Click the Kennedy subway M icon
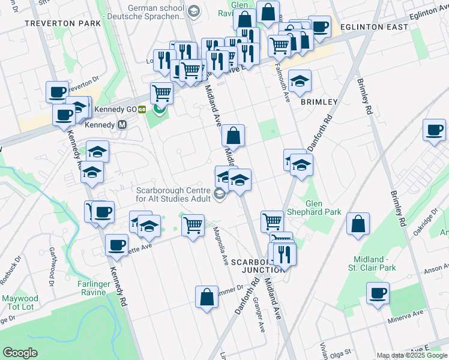pyautogui.click(x=122, y=125)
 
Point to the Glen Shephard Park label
pyautogui.click(x=323, y=208)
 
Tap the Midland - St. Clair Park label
pyautogui.click(x=373, y=263)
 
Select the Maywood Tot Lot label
pyautogui.click(x=20, y=302)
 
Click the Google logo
pyautogui.click(x=20, y=353)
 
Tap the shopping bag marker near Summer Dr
pyautogui.click(x=206, y=297)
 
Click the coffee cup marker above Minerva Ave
pyautogui.click(x=378, y=294)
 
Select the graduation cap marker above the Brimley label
pyautogui.click(x=300, y=80)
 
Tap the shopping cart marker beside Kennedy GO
pyautogui.click(x=161, y=93)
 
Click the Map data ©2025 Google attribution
pyautogui.click(x=411, y=355)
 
